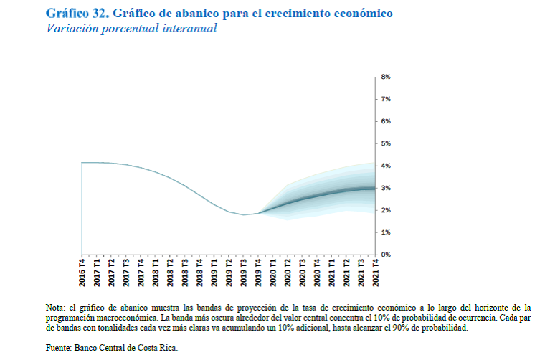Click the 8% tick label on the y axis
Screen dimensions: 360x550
385,77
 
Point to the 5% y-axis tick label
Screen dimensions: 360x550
385,143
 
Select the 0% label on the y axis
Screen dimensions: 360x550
385,255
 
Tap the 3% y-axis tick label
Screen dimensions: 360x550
385,188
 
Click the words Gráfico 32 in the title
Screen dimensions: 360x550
76,14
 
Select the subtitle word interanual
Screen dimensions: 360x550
186,29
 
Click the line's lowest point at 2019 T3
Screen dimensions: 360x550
244,214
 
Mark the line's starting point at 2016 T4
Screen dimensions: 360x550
82,163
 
